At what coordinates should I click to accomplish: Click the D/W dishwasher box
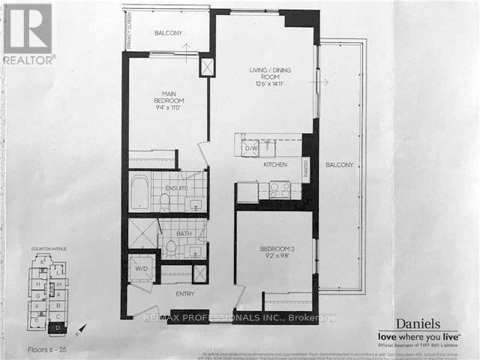[x=250, y=148]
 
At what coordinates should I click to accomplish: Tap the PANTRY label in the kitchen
[x=306, y=168]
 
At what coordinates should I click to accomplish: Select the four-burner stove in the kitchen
[x=280, y=190]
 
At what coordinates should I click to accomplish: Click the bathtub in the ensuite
[x=139, y=191]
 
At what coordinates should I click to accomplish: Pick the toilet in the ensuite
[x=164, y=200]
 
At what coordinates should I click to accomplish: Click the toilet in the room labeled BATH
[x=170, y=247]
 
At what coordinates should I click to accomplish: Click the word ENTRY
[x=184, y=293]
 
